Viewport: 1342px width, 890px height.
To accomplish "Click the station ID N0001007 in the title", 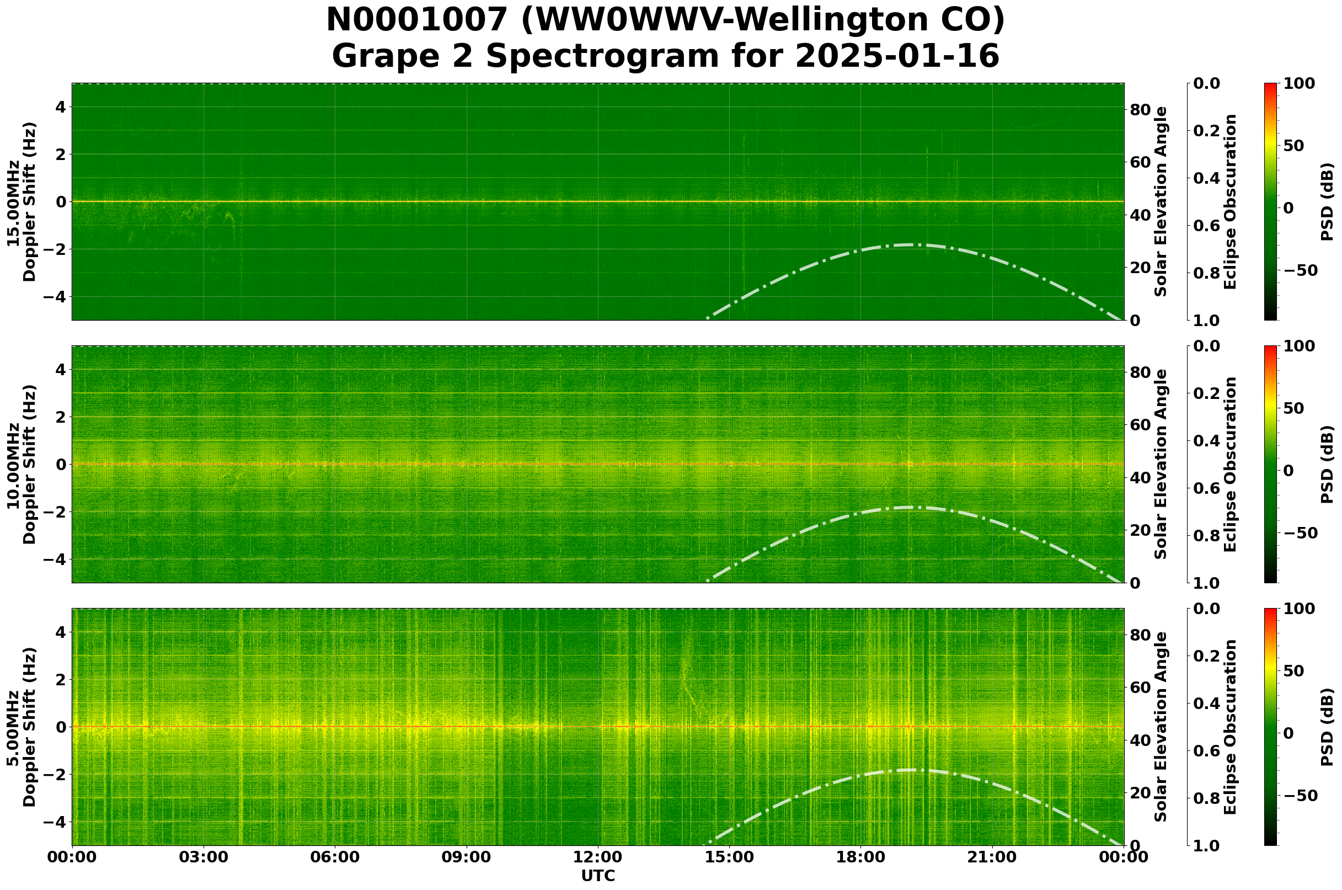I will [416, 21].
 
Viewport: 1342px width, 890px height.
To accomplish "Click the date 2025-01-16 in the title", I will [896, 57].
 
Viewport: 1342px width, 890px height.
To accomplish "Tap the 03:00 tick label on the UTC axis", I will [203, 857].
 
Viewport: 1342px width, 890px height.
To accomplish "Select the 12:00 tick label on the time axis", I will [597, 857].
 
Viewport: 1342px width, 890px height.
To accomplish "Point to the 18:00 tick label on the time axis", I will [860, 857].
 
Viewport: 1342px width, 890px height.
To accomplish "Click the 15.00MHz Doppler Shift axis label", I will [22, 201].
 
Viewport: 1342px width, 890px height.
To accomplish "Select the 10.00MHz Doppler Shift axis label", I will [22, 464].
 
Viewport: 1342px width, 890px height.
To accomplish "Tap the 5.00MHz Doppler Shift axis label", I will [22, 727].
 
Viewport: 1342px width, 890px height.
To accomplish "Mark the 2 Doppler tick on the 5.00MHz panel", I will [60, 679].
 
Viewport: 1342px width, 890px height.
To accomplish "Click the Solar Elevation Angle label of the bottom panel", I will [1161, 727].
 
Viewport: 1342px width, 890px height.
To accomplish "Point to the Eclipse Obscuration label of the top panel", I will [1229, 201].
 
